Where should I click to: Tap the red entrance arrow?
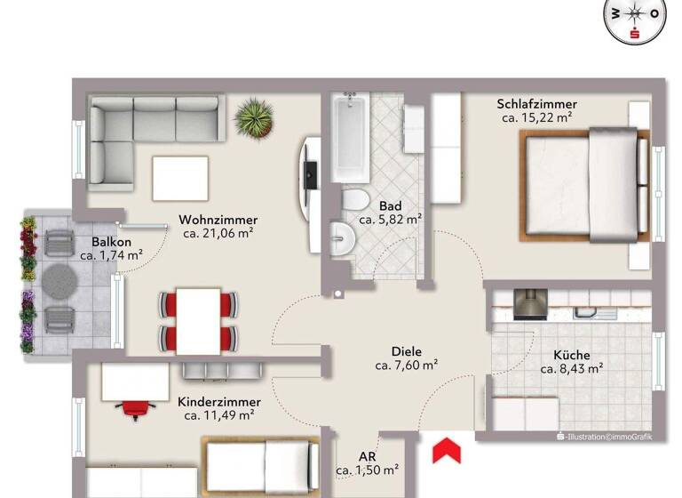pos(446,450)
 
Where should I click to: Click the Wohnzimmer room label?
pos(218,220)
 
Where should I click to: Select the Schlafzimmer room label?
pos(536,104)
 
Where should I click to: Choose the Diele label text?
pos(406,350)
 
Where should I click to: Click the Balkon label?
pos(112,242)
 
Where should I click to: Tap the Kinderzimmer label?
pos(218,401)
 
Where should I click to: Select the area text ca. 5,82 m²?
pos(390,219)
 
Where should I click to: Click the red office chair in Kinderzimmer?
pos(134,409)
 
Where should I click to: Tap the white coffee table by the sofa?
pos(184,178)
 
